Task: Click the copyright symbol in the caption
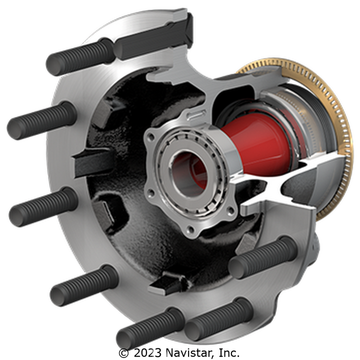[124, 353]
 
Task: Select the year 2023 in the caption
[147, 352]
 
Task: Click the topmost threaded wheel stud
[80, 56]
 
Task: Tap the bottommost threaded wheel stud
[150, 328]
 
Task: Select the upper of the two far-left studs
[41, 120]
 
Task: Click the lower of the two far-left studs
[43, 207]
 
